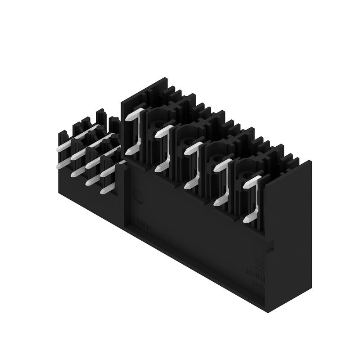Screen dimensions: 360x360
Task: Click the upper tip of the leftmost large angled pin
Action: pos(128,118)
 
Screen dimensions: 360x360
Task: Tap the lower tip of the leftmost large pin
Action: pos(129,152)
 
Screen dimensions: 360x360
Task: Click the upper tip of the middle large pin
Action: pos(187,151)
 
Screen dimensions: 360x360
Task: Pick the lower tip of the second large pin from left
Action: pos(158,169)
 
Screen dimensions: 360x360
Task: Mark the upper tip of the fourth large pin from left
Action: pos(216,167)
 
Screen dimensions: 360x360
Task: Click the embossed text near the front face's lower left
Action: pos(144,223)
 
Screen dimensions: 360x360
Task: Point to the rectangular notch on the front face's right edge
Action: pos(270,246)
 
